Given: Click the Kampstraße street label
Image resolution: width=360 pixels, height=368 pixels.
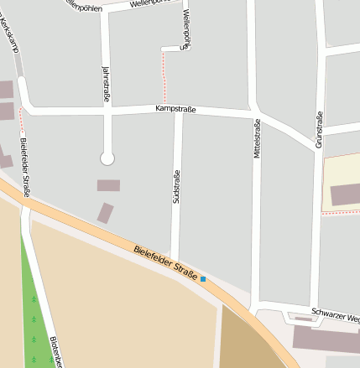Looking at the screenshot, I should pyautogui.click(x=175, y=109).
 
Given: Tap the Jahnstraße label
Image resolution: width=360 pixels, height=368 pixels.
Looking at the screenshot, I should pyautogui.click(x=106, y=85).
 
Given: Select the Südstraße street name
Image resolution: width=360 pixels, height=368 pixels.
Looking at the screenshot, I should pyautogui.click(x=176, y=186).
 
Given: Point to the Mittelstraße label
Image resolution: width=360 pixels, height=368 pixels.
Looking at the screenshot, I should pyautogui.click(x=257, y=138).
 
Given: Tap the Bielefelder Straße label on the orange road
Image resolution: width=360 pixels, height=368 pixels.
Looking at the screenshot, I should pyautogui.click(x=165, y=262).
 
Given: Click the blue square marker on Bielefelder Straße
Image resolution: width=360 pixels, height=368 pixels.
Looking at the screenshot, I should pyautogui.click(x=203, y=278).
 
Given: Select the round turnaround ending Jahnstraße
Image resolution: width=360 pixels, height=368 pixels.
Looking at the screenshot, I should pyautogui.click(x=107, y=158).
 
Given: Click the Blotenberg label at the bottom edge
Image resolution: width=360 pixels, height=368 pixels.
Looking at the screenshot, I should pyautogui.click(x=54, y=352).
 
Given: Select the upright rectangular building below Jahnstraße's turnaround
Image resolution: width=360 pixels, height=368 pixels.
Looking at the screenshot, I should pyautogui.click(x=105, y=213).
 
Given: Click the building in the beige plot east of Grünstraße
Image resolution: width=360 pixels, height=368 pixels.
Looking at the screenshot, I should pyautogui.click(x=345, y=194).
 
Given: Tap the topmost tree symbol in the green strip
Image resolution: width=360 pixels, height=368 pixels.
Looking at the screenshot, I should pyautogui.click(x=34, y=299).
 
